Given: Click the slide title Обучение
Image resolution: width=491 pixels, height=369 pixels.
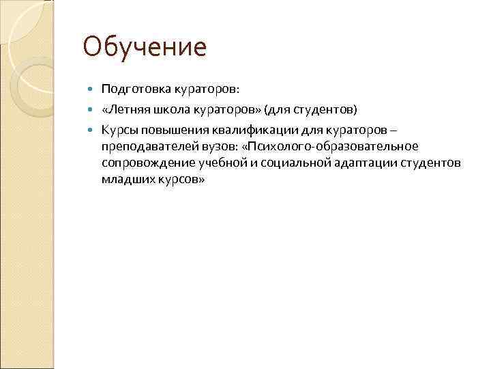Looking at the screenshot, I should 144,47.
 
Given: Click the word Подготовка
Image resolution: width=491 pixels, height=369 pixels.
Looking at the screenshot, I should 130,90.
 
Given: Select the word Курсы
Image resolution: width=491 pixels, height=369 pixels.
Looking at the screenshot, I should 119,128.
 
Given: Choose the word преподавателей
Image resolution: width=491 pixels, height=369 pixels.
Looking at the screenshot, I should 143,146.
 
